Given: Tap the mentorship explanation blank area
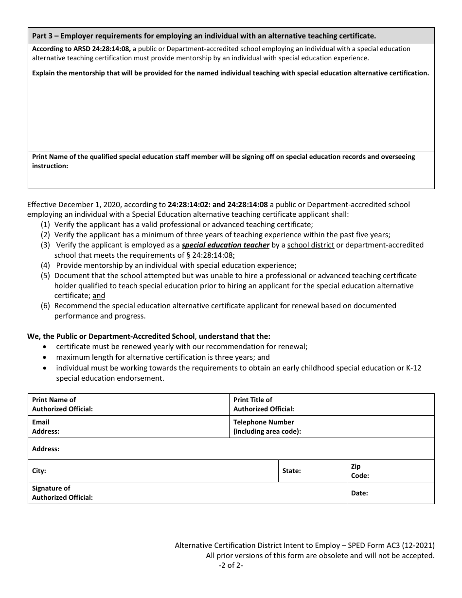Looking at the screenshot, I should [231, 114].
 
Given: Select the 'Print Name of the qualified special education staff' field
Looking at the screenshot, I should [231, 170].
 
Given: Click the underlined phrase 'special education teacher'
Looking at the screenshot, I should [225, 245].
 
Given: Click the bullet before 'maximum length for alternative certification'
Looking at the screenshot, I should [45, 357].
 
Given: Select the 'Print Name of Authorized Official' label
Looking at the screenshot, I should [62, 405].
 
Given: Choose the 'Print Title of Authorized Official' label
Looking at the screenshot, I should [264, 405].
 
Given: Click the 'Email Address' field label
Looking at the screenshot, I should [46, 427].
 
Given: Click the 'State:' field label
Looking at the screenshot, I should [292, 471].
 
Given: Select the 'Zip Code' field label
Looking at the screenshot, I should [360, 471].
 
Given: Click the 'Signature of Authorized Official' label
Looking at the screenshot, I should [62, 493].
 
